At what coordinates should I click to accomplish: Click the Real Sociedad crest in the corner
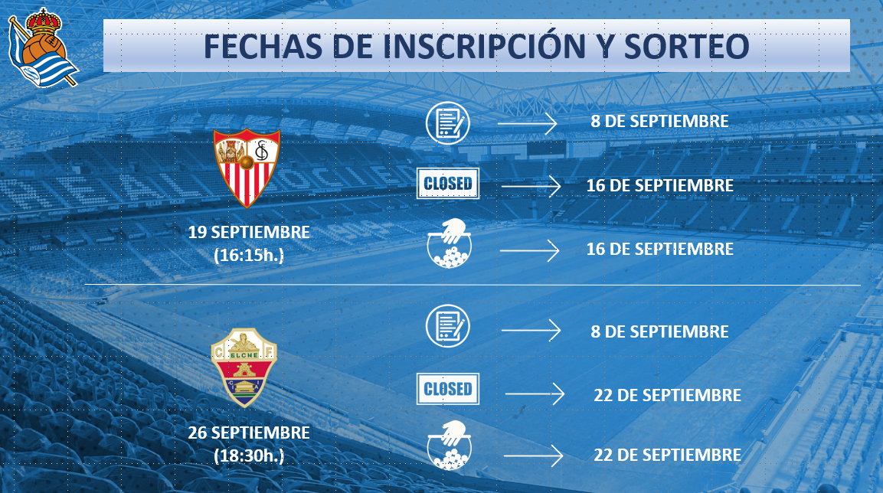coord(43,47)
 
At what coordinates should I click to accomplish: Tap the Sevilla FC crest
coord(247,168)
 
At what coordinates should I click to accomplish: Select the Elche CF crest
coord(244,367)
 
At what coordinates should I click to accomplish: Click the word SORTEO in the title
coord(686,46)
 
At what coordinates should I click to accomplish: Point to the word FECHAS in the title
coord(263,46)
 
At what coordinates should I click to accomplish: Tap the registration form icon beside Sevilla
coord(448,123)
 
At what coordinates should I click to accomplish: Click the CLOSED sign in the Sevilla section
coord(448,184)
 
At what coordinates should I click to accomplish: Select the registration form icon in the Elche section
coord(448,326)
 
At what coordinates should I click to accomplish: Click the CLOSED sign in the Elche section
coord(448,389)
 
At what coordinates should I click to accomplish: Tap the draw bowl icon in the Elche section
coord(448,446)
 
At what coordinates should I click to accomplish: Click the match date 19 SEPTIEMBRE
coord(249,232)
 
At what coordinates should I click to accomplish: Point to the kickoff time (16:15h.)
coord(249,255)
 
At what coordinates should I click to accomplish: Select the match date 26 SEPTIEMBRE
coord(249,433)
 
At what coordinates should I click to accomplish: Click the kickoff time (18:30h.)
coord(249,455)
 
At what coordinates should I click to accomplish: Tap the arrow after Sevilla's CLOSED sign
coord(531,186)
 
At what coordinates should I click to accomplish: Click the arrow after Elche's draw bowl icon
coord(533,455)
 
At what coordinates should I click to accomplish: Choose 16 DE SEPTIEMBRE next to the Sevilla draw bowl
coord(660,249)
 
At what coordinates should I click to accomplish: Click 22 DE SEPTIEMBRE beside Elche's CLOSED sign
coord(667,395)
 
